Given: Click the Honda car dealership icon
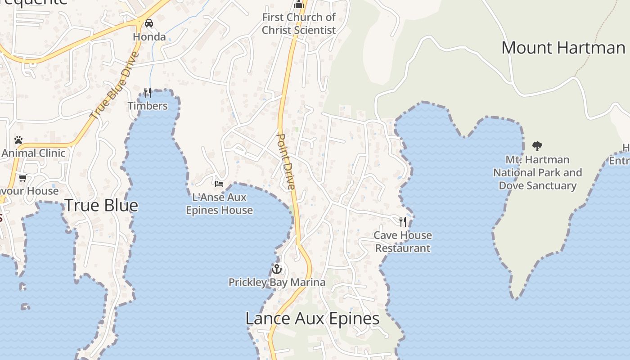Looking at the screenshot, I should click(149, 23).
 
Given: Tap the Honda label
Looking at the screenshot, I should click(149, 37).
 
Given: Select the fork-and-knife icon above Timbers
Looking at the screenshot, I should click(148, 92).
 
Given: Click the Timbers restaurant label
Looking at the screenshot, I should click(148, 106).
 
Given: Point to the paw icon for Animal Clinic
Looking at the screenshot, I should click(18, 140).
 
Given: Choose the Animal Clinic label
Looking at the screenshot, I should click(33, 153).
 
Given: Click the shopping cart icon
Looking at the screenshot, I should click(23, 178).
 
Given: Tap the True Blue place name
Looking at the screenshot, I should click(101, 206).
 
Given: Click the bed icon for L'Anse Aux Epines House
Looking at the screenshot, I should click(219, 184).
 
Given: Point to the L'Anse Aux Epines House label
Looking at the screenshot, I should click(219, 204).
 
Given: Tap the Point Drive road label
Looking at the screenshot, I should click(286, 161).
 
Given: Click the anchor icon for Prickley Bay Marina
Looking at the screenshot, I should click(277, 269).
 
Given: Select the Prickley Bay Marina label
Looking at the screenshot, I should click(277, 283).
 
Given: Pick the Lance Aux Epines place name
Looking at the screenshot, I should click(312, 319).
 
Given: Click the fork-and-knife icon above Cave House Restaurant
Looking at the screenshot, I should click(403, 221).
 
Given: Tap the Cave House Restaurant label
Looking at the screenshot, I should click(403, 242).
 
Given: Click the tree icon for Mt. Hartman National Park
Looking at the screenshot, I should click(537, 146).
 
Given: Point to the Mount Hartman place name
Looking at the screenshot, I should click(563, 48).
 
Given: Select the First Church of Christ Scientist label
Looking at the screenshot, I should click(299, 24).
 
